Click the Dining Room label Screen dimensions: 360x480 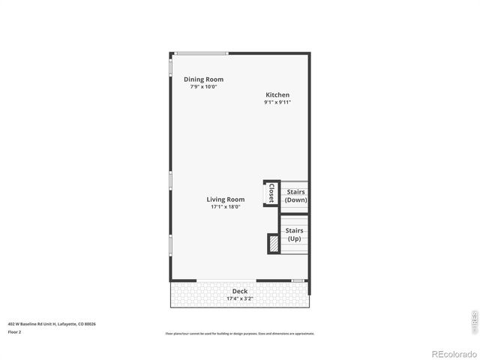click(203, 79)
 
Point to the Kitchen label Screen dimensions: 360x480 click(277, 95)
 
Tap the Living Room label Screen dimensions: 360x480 click(226, 199)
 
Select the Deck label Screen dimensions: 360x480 click(240, 291)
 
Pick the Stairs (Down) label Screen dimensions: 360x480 click(295, 196)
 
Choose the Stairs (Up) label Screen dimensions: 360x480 click(295, 235)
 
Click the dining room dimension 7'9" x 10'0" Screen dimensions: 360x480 click(203, 87)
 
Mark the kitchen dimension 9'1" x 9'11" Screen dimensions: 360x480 click(277, 102)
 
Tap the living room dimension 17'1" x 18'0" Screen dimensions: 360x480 click(226, 207)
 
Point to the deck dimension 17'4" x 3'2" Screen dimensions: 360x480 click(240, 298)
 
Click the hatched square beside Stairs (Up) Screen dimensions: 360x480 click(274, 244)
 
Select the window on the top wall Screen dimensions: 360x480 click(201, 52)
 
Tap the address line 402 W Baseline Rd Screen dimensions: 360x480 click(52, 324)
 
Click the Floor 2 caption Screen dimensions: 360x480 click(14, 331)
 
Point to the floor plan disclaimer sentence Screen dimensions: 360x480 click(240, 333)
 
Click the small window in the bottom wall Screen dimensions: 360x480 click(298, 280)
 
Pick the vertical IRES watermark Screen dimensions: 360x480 click(473, 320)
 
